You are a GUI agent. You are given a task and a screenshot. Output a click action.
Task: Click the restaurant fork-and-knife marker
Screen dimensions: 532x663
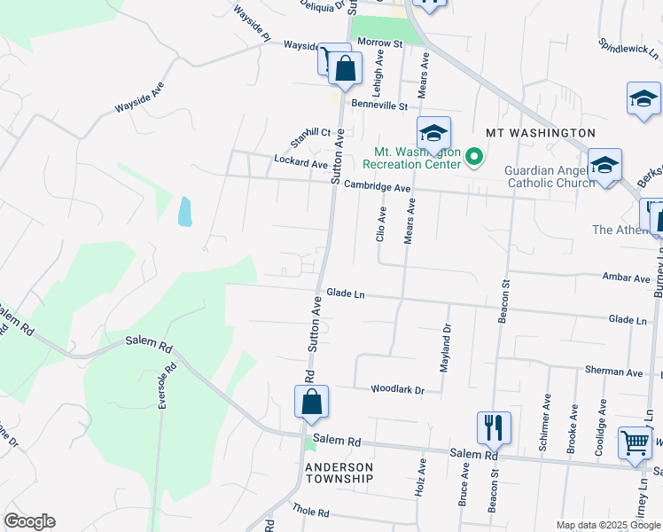(494, 426)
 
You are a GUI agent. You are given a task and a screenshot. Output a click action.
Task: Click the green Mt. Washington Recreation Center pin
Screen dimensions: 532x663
(474, 158)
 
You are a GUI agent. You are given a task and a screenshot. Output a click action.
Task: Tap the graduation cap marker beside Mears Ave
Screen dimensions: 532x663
(433, 133)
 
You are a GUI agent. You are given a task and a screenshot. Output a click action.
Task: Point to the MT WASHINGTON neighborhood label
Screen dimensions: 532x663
(540, 133)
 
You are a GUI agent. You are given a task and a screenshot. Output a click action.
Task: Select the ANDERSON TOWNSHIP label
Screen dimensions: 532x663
(339, 473)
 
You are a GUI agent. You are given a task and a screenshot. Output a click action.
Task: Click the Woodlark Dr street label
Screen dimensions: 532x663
(398, 389)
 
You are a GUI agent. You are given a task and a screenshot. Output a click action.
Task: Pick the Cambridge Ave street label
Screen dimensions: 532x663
(378, 187)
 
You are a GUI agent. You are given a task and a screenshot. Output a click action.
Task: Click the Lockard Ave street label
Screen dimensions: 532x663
(301, 163)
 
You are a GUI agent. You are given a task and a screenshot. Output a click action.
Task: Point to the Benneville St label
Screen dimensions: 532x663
(378, 106)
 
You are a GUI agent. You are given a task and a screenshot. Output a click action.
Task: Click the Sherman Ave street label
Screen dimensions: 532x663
(613, 372)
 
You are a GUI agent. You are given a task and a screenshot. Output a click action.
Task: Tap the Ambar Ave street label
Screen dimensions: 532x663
(626, 278)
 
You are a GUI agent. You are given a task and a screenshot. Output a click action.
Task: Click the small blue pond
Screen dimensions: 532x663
(184, 211)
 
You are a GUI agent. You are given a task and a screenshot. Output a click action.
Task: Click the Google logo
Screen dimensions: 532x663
(29, 521)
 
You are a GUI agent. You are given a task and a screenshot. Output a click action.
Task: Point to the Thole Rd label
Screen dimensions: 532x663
(310, 512)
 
